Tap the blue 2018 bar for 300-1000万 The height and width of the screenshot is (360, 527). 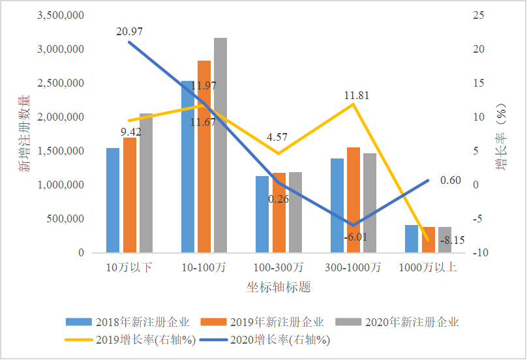click(x=337, y=205)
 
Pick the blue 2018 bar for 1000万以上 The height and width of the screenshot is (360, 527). click(x=412, y=239)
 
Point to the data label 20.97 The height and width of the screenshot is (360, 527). click(x=130, y=31)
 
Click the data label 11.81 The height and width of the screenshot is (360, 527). click(x=357, y=95)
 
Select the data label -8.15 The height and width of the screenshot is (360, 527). click(x=452, y=241)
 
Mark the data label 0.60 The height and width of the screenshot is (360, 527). click(x=451, y=181)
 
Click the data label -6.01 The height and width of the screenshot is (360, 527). click(x=355, y=237)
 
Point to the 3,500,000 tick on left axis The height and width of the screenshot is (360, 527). click(x=61, y=15)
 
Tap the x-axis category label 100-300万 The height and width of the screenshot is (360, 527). click(x=279, y=267)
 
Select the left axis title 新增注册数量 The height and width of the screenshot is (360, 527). click(x=23, y=133)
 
